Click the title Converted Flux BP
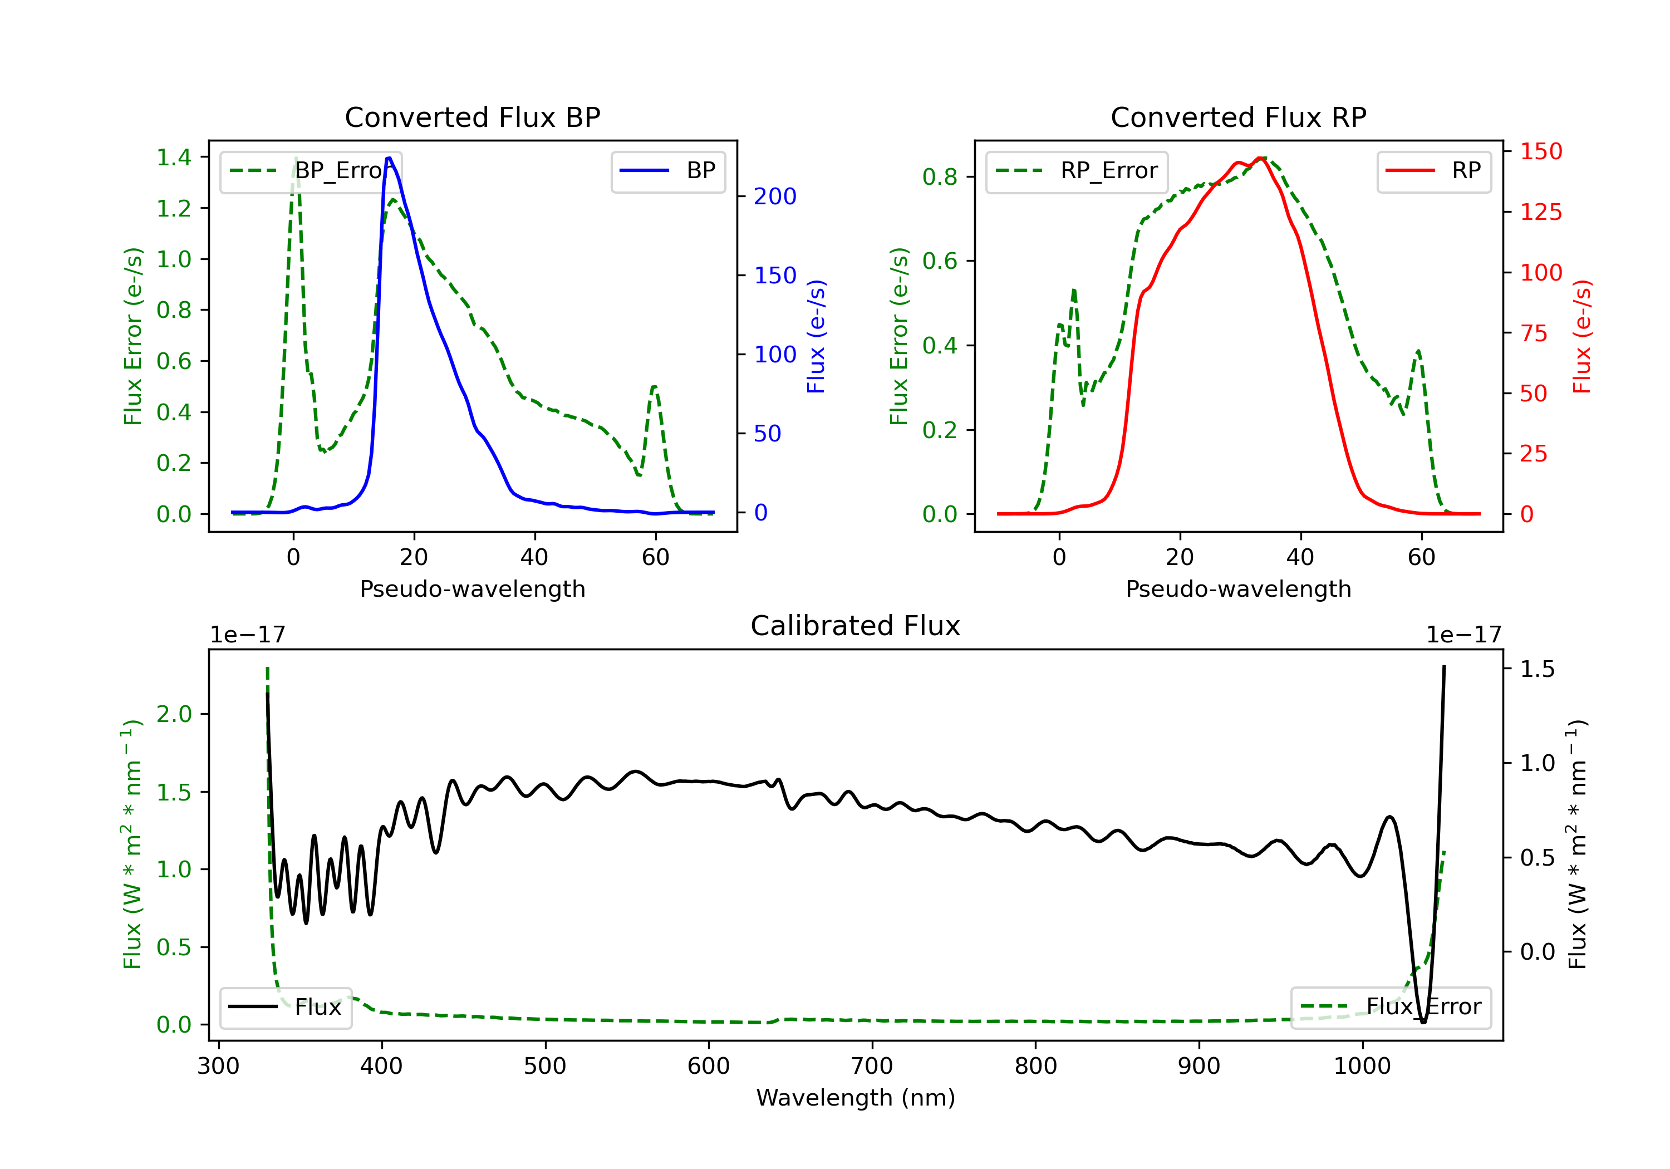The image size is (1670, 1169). point(472,117)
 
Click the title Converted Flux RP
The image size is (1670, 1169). point(1238,117)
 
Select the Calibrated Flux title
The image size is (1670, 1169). point(856,626)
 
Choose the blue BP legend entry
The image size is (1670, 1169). point(667,171)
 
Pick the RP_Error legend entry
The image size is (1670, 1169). point(1077,171)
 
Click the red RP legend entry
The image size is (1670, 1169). point(1433,171)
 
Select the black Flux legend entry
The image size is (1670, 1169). point(285,1007)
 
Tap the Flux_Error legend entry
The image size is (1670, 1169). point(1391,1007)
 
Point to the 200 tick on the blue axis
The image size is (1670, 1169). point(775,197)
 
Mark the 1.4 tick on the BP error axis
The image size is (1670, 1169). point(174,157)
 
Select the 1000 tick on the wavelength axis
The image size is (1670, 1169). point(1362,1067)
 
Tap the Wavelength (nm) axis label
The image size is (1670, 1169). point(856,1098)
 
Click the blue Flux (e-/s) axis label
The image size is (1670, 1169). point(816,336)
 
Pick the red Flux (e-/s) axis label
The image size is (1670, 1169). point(1582,336)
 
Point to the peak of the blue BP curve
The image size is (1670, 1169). point(389,158)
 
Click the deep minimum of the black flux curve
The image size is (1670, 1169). point(1423,1022)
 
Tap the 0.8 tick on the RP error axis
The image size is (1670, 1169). point(940,177)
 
